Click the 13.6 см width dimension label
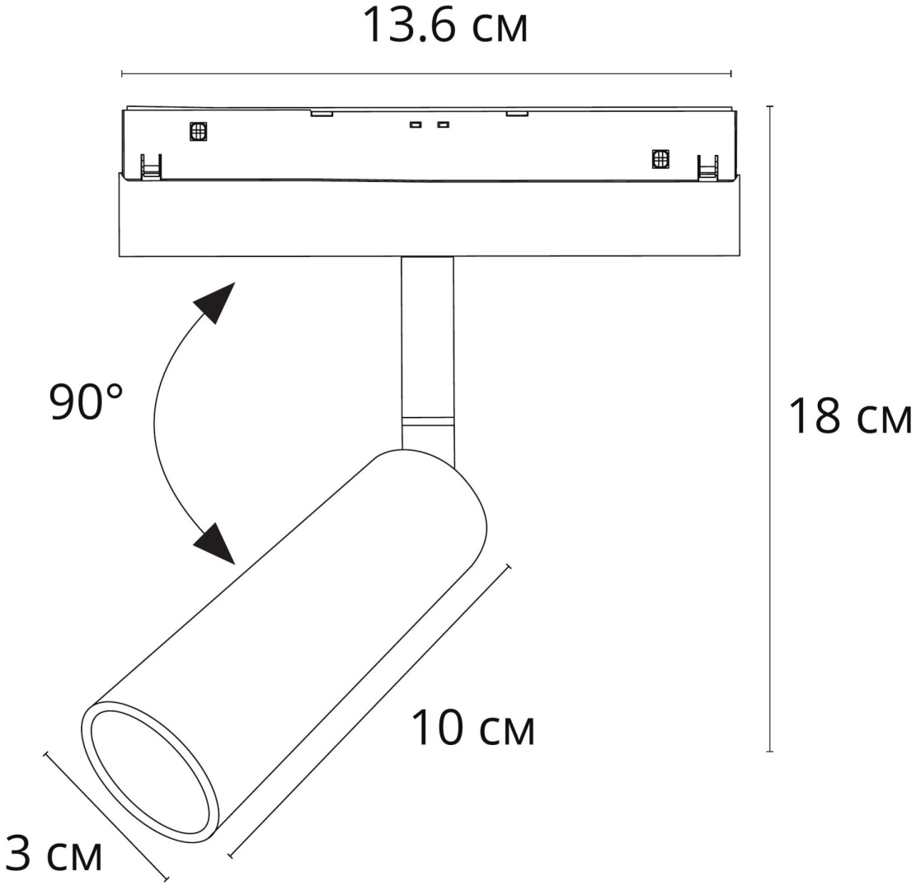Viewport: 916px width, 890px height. click(x=445, y=25)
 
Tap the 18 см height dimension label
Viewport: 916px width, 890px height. click(x=850, y=416)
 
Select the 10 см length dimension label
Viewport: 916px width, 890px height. click(x=473, y=728)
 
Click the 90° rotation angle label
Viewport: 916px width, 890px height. click(x=86, y=402)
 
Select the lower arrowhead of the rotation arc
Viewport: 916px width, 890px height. click(x=215, y=544)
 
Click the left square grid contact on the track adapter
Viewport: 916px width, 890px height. click(x=199, y=131)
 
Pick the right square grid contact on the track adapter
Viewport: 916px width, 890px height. click(x=660, y=159)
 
